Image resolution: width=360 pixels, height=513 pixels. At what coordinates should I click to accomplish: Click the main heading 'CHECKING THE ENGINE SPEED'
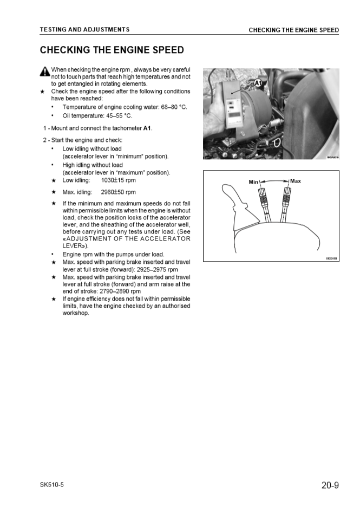click(112, 50)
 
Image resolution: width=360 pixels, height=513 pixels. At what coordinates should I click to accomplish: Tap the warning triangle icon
click(44, 72)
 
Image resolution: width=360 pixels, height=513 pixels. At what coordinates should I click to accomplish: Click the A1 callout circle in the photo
click(258, 83)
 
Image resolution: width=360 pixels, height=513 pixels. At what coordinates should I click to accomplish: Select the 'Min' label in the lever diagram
click(253, 182)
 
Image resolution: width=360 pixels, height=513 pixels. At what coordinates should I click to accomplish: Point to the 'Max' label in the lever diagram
click(296, 181)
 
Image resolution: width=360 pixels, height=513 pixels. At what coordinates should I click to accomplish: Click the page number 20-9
click(330, 485)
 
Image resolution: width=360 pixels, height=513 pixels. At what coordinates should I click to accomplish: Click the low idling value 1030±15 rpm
click(119, 180)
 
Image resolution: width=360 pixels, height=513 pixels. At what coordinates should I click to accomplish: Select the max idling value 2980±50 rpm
click(119, 192)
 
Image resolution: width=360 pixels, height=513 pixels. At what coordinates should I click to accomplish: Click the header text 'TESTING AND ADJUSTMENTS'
click(84, 29)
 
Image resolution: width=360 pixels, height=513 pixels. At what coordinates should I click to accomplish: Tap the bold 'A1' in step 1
click(147, 128)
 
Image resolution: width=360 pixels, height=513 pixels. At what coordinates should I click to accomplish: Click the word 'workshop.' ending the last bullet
click(76, 313)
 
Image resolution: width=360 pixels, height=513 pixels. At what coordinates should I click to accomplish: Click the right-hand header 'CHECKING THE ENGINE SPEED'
click(293, 30)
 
